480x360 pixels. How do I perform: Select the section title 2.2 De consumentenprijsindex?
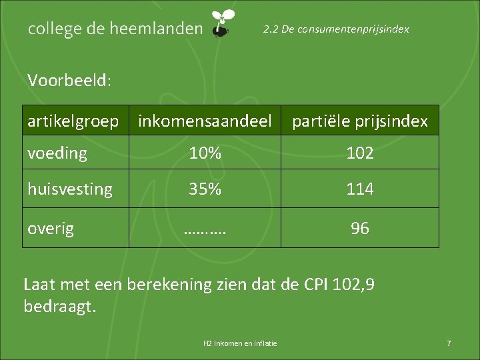(336, 29)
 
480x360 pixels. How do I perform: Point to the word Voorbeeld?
(69, 81)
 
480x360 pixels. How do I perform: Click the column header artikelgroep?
(73, 121)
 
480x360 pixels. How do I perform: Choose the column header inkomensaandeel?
(205, 121)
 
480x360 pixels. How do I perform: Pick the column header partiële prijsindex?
(360, 121)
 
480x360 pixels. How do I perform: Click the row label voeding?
(57, 153)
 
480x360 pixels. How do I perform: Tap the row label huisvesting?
(70, 189)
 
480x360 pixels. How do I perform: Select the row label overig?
(51, 229)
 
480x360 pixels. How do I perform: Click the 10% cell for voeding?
(205, 153)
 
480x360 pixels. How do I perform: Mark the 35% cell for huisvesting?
(205, 189)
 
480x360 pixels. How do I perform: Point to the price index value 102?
(360, 153)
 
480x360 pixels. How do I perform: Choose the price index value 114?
(360, 189)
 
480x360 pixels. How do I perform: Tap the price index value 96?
(360, 229)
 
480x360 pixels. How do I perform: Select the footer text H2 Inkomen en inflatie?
(240, 343)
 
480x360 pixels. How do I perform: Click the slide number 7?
(449, 343)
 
